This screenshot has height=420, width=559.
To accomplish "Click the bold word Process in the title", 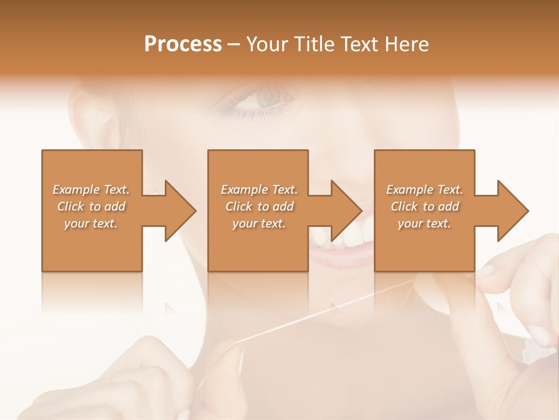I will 183,44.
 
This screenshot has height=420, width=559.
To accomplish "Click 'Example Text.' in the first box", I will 91,190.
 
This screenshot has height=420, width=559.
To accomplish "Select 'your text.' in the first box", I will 91,223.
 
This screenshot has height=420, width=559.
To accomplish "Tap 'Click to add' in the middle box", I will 259,206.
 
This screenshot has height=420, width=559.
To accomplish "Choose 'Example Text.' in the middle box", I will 259,190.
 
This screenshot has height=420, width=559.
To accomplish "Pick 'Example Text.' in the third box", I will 424,190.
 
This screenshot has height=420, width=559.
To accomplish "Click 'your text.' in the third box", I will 424,223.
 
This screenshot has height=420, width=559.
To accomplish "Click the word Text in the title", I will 360,44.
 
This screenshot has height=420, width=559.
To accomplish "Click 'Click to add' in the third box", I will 424,206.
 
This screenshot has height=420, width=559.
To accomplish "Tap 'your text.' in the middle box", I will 259,223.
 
